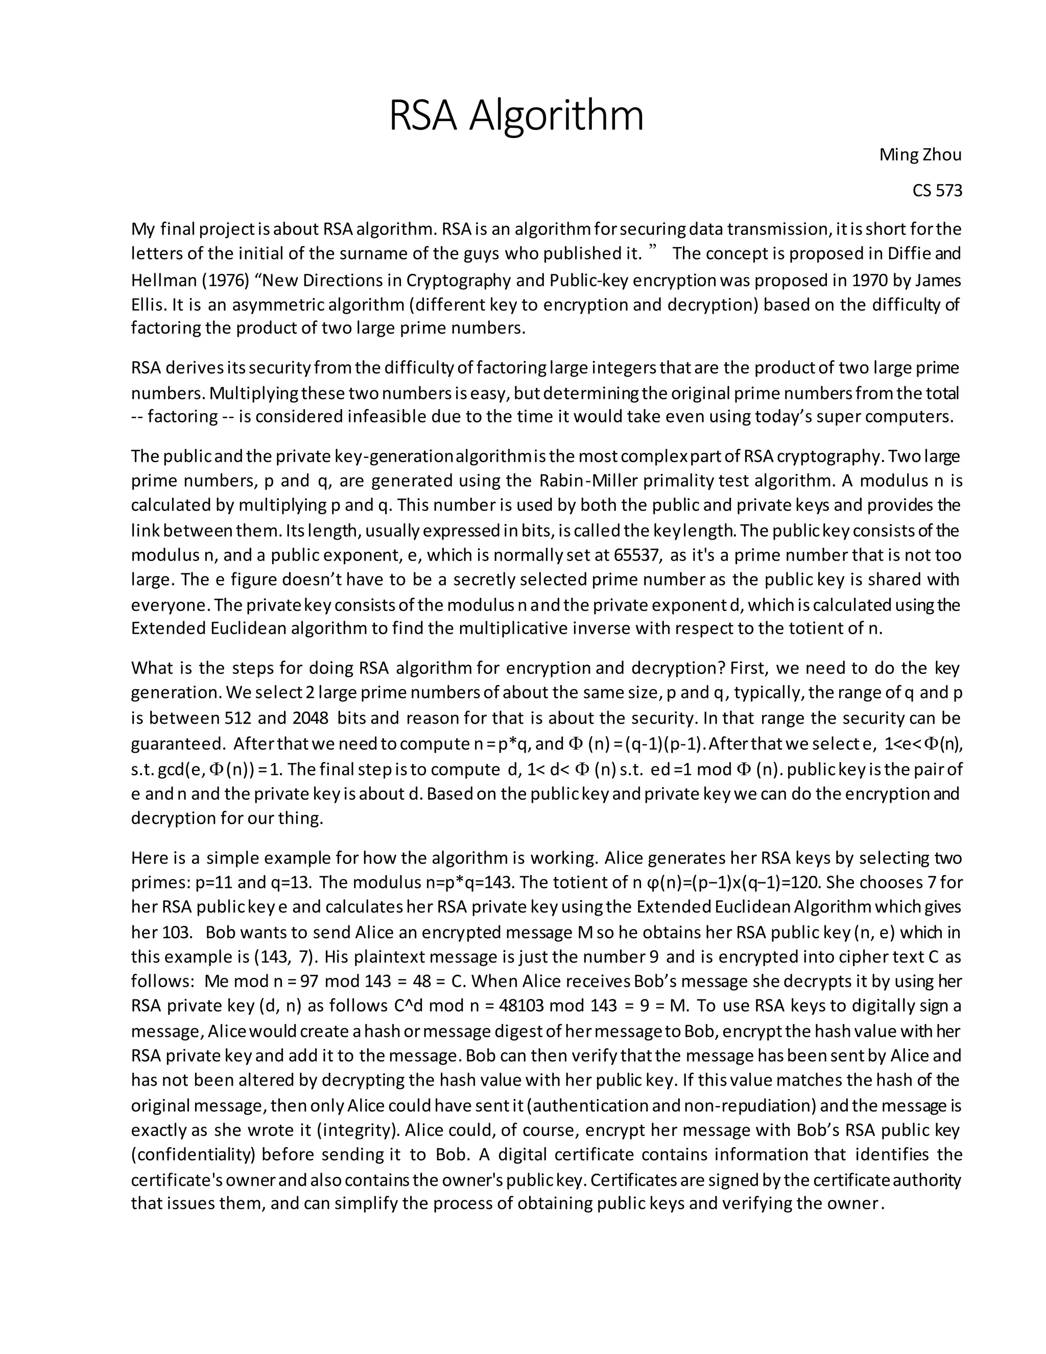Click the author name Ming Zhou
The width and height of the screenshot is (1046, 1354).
920,155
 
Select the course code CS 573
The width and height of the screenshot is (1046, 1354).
937,191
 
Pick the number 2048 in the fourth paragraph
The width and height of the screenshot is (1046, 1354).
310,718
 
